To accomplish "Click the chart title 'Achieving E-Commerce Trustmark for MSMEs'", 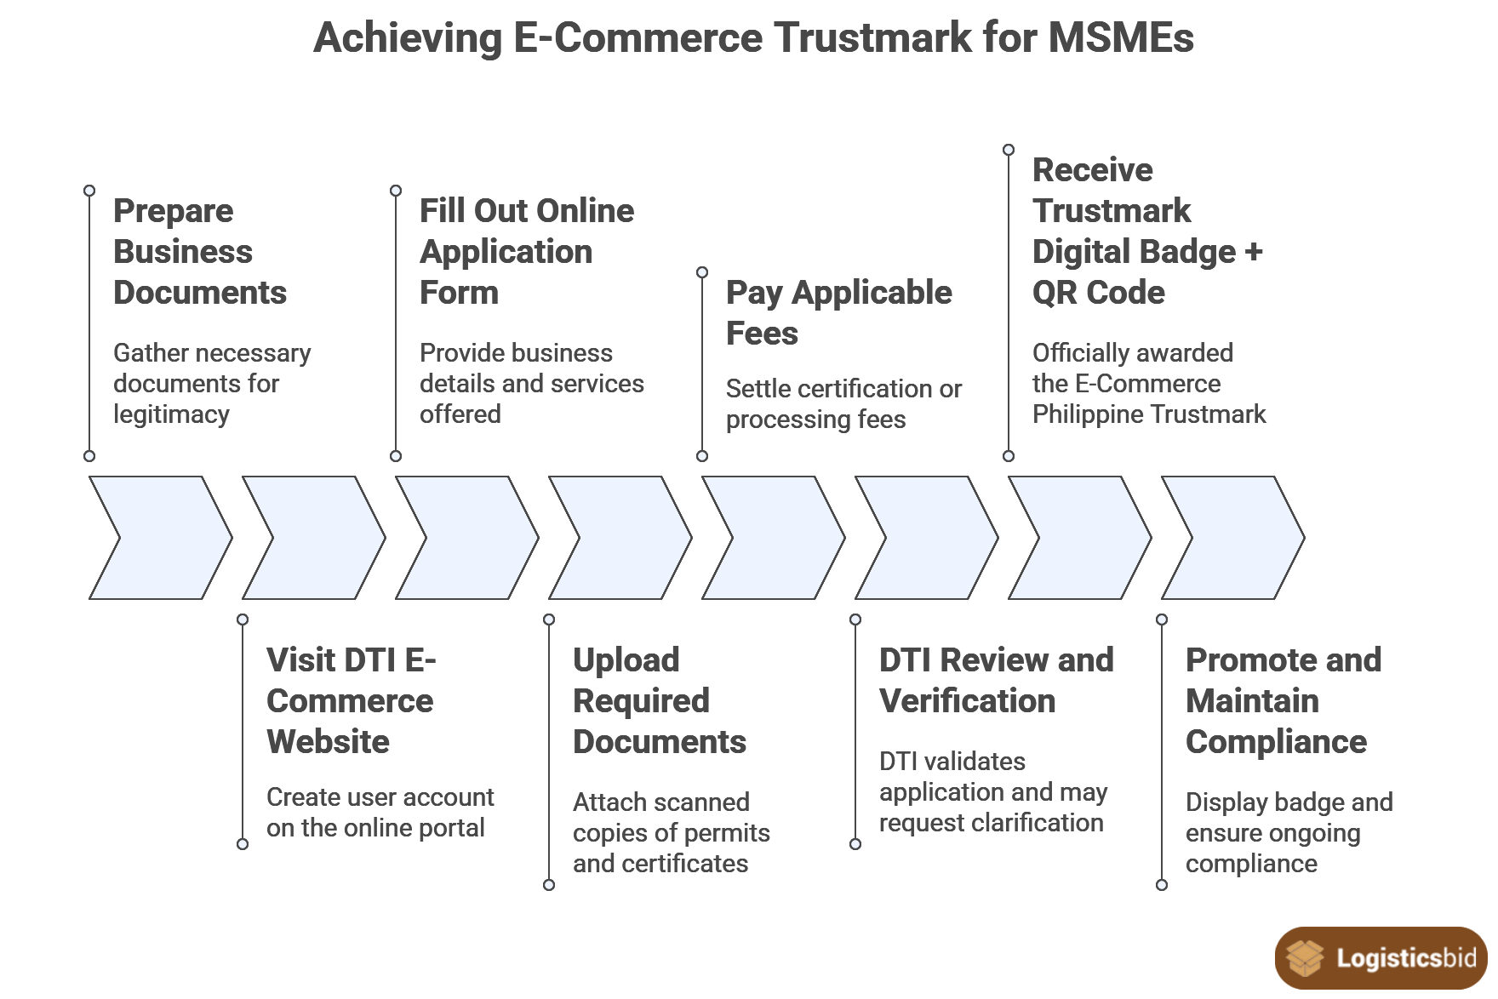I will point(753,38).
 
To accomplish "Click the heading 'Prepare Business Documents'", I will point(199,251).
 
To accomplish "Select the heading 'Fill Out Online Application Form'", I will point(526,251).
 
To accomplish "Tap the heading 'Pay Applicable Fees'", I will point(838,312).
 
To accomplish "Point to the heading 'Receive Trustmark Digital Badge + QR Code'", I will point(1146,231).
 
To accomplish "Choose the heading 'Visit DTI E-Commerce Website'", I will point(351,700).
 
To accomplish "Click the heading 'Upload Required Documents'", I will point(659,700).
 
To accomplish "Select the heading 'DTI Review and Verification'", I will point(996,680).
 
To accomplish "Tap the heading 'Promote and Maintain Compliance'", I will point(1283,700).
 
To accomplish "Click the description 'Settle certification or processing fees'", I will point(843,403).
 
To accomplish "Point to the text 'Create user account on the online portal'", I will point(380,812).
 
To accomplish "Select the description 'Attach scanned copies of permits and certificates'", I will point(671,832).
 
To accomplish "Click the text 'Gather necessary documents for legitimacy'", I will point(211,383).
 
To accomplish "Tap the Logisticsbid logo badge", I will point(1381,958).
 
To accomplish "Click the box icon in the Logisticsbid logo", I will point(1304,958).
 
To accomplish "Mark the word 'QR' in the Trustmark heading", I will point(1055,293).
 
